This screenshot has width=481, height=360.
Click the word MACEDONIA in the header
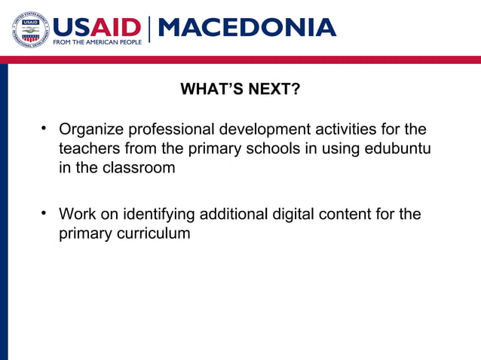tap(247, 27)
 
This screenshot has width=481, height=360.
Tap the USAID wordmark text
tap(96, 26)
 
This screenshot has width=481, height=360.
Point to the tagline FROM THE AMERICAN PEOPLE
tap(96, 42)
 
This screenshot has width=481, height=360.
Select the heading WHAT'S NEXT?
tap(240, 90)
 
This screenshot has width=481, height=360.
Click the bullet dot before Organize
tap(44, 128)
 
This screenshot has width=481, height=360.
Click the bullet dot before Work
tap(44, 212)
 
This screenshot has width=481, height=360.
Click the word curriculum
tap(153, 233)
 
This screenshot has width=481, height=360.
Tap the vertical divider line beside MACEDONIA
tap(150, 29)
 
